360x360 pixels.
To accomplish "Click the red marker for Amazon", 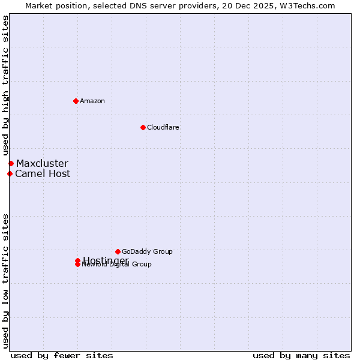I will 76,101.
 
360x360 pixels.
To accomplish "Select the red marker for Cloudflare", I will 143,127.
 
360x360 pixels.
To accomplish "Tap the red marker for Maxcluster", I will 11,163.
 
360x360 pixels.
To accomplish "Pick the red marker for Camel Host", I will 10,174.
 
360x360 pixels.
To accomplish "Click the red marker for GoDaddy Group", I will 118,251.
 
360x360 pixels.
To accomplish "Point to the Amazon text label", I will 92,101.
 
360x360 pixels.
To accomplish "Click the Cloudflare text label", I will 163,127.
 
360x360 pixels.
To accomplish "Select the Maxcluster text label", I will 42,163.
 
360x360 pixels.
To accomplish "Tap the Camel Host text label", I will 43,174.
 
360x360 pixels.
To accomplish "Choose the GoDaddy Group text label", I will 147,251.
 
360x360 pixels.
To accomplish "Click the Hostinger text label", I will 106,260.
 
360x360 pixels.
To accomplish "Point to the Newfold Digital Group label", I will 117,265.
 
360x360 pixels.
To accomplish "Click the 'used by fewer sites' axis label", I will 62,355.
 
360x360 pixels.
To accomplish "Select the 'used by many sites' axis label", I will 301,355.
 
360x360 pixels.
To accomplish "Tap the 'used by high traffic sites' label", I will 6,85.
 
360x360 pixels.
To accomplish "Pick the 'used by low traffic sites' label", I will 6,281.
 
